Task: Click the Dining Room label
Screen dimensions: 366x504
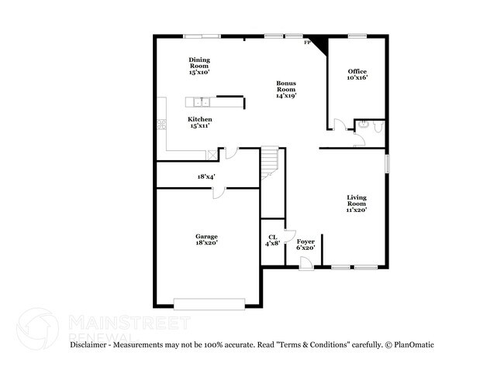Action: pyautogui.click(x=199, y=66)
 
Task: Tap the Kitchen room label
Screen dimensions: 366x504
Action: pyautogui.click(x=199, y=122)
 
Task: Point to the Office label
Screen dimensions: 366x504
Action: pyautogui.click(x=357, y=74)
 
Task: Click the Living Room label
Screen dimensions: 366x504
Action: pyautogui.click(x=357, y=204)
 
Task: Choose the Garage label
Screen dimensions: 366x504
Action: pyautogui.click(x=206, y=239)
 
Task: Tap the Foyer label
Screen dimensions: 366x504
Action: pyautogui.click(x=306, y=245)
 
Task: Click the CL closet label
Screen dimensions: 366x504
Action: pyautogui.click(x=272, y=241)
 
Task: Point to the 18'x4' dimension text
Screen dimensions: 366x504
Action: pyautogui.click(x=205, y=176)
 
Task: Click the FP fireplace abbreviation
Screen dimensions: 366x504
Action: pyautogui.click(x=307, y=43)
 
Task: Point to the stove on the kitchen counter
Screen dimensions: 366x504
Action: pyautogui.click(x=162, y=124)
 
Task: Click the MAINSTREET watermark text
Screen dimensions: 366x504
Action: pyautogui.click(x=128, y=321)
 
